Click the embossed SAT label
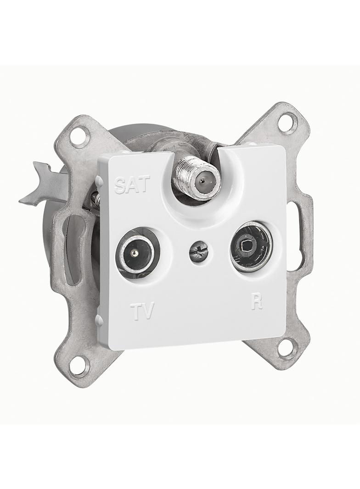[132, 184]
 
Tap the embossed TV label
[142, 310]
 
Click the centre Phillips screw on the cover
[197, 249]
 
